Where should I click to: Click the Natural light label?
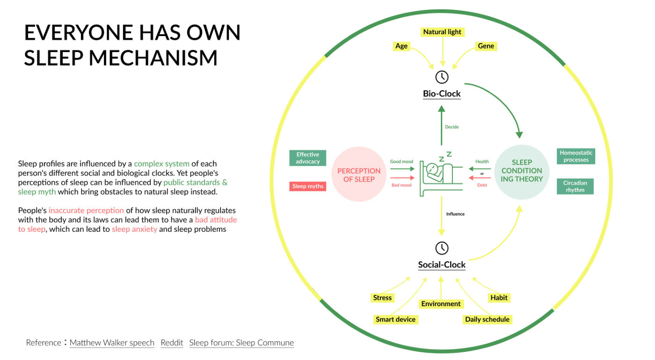tap(442, 32)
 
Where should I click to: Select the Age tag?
tap(401, 46)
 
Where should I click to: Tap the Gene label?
tap(486, 46)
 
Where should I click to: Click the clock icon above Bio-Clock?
tap(442, 77)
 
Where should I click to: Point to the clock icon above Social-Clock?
tap(442, 248)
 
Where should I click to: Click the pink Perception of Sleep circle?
tap(359, 175)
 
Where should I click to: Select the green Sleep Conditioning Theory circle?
tap(522, 172)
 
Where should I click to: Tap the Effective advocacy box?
tap(308, 158)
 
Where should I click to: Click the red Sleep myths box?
tap(308, 186)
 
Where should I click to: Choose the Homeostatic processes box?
tap(576, 156)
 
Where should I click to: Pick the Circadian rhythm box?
tap(575, 186)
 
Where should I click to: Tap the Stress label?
tap(382, 298)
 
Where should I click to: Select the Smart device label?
tap(395, 319)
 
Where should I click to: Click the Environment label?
tap(441, 304)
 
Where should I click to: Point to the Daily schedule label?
tap(487, 319)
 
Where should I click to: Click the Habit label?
tap(499, 298)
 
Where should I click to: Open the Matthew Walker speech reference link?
tap(112, 343)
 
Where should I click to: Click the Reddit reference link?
tap(172, 343)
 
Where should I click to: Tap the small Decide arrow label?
tap(452, 127)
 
